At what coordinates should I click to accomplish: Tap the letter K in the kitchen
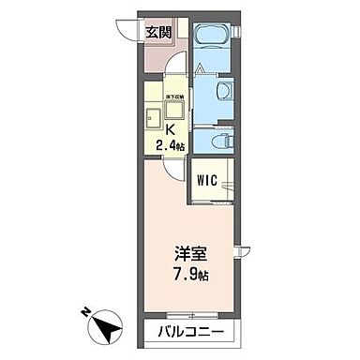(172, 128)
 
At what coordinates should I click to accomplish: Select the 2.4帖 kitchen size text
(171, 144)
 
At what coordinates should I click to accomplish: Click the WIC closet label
(207, 178)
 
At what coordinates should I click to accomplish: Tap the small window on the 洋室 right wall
(242, 250)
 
